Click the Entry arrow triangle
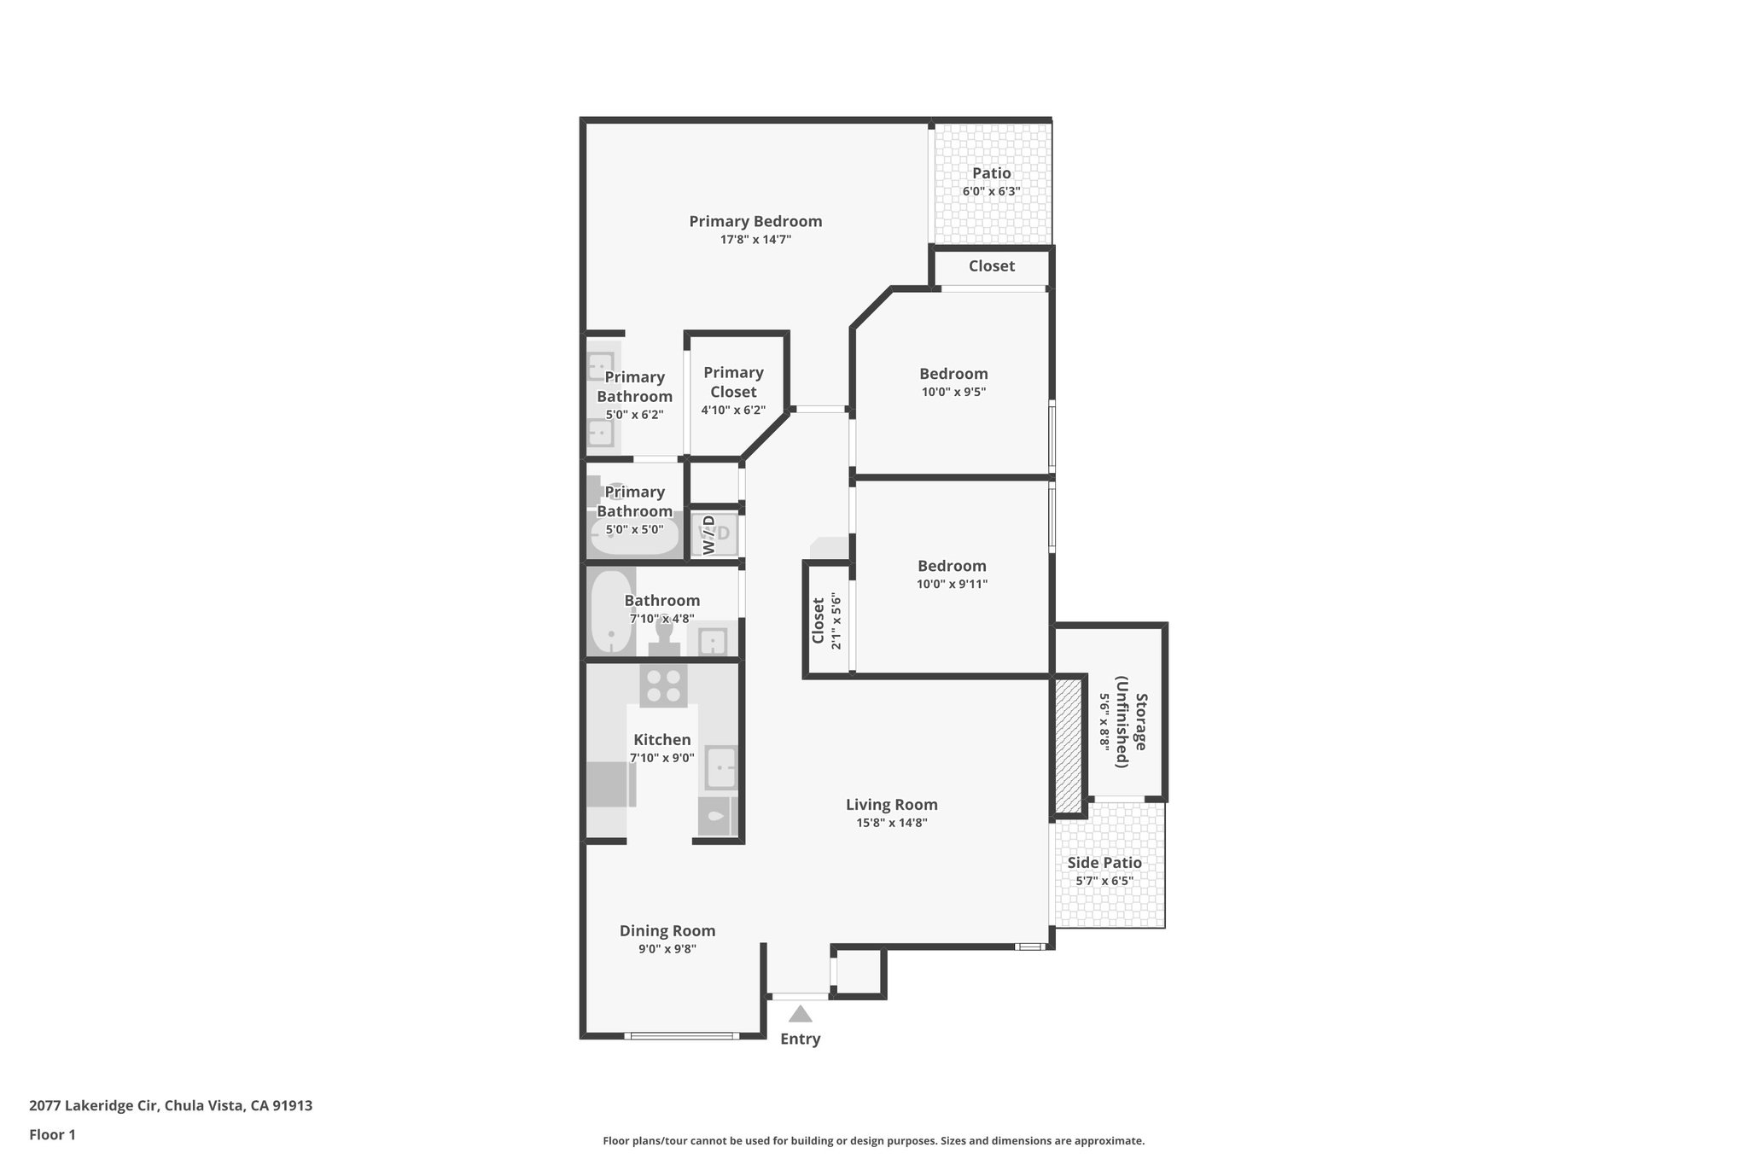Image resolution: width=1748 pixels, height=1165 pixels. coord(800,1014)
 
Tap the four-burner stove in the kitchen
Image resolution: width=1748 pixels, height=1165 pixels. coord(663,685)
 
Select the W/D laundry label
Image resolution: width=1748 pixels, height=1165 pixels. coord(710,534)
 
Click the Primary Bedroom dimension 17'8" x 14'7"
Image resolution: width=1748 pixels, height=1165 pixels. coord(755,240)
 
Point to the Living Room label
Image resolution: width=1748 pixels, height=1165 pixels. coord(891,804)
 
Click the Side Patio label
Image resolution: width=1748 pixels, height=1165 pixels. coord(1104,863)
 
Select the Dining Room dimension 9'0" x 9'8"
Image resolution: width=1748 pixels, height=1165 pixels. coord(667,949)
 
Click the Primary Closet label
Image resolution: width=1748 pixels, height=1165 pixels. coord(733,382)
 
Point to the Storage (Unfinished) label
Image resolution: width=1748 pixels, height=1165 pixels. coord(1132,730)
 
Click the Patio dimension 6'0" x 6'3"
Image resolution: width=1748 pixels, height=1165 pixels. coord(991,192)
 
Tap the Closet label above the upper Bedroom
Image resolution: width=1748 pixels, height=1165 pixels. coord(991,266)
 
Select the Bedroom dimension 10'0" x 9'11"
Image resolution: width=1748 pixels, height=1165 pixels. coord(952,585)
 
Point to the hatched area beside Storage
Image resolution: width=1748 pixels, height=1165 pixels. coord(1068,745)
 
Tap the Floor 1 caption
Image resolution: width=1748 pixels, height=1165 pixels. coord(52,1134)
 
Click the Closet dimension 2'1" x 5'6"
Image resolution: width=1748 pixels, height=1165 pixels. coord(836,621)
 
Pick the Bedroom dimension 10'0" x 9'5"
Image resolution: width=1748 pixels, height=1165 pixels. coord(953,393)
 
